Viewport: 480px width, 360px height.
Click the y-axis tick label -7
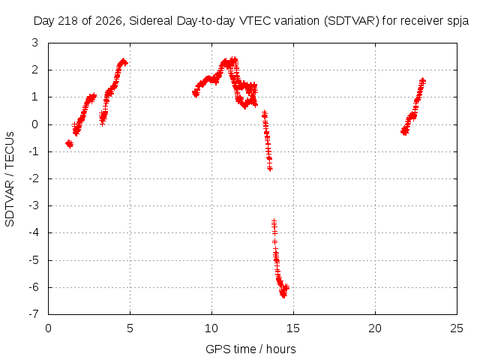click(34, 314)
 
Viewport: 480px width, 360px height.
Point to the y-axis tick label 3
click(35, 43)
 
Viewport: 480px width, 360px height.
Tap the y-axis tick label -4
click(34, 232)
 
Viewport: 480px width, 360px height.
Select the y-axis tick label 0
click(35, 124)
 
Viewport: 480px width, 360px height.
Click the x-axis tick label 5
click(130, 328)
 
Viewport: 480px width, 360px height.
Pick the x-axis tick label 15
click(293, 328)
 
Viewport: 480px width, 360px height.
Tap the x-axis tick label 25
click(457, 328)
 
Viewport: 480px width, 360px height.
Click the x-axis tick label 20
click(375, 328)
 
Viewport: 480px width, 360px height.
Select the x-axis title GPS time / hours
click(250, 349)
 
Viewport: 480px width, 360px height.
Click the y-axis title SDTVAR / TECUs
click(10, 179)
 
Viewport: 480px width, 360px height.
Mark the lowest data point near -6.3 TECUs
click(283, 295)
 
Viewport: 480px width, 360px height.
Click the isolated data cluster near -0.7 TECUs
click(70, 143)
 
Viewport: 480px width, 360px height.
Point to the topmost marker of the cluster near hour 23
click(422, 81)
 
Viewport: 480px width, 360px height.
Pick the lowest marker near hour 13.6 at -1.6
click(270, 168)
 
